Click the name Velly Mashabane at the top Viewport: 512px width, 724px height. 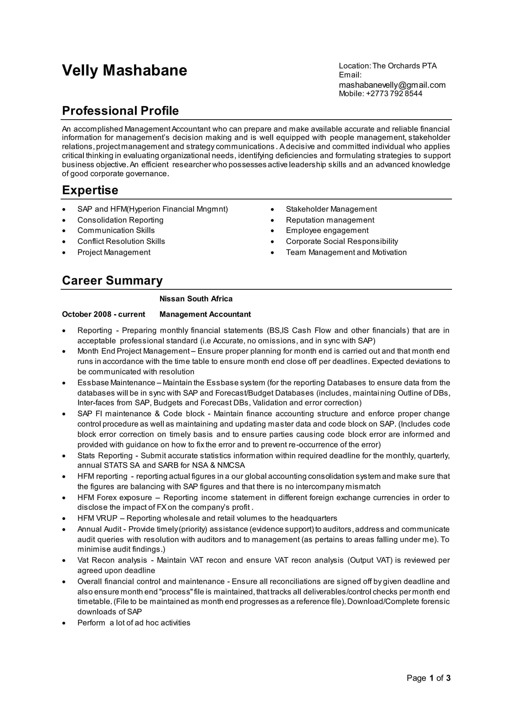tap(124, 70)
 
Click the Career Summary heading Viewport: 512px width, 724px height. tap(112, 280)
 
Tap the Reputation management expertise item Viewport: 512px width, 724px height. tap(330, 220)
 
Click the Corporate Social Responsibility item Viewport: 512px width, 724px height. tap(342, 241)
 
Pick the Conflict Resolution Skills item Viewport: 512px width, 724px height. tap(121, 241)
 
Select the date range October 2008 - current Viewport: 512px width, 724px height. tap(103, 314)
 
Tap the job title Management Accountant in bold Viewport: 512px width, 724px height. tap(205, 314)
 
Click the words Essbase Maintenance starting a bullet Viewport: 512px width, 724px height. tap(116, 382)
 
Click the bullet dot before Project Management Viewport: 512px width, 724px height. tap(64, 252)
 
